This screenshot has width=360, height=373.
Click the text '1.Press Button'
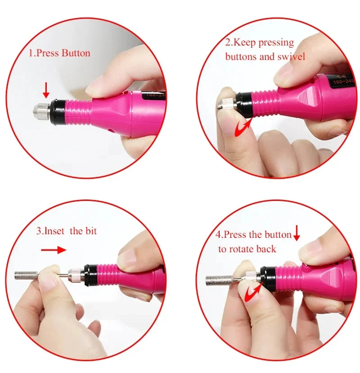(59, 53)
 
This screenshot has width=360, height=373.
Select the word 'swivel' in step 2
(291, 57)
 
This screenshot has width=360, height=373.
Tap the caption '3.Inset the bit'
(67, 232)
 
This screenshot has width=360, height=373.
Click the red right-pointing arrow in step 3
(54, 250)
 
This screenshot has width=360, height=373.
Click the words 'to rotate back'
(247, 249)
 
